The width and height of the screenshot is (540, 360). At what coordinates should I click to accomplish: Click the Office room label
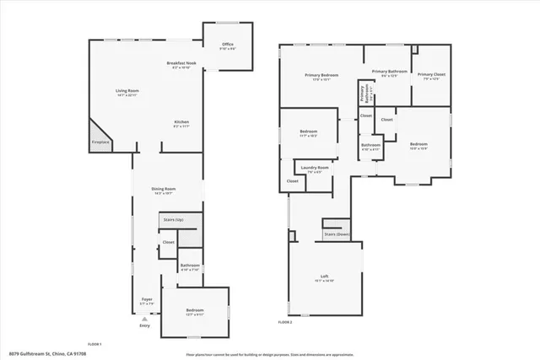click(x=227, y=46)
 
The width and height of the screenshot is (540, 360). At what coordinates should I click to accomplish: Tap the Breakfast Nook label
click(x=181, y=66)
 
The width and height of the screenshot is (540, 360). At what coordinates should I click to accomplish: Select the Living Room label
click(x=127, y=93)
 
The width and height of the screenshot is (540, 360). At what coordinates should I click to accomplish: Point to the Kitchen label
click(x=181, y=124)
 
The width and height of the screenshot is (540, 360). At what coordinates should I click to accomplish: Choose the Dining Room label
click(x=163, y=190)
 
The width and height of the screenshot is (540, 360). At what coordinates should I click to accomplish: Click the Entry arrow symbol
click(x=145, y=319)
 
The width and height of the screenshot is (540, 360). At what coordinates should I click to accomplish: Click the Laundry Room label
click(x=314, y=169)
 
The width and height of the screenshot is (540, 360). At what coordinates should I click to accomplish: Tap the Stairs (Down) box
click(x=337, y=234)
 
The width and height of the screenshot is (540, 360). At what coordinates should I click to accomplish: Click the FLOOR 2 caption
click(x=285, y=323)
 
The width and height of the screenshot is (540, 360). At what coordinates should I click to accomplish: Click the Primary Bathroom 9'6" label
click(x=389, y=73)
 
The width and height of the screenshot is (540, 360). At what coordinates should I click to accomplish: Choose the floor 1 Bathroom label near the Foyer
click(x=190, y=267)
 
